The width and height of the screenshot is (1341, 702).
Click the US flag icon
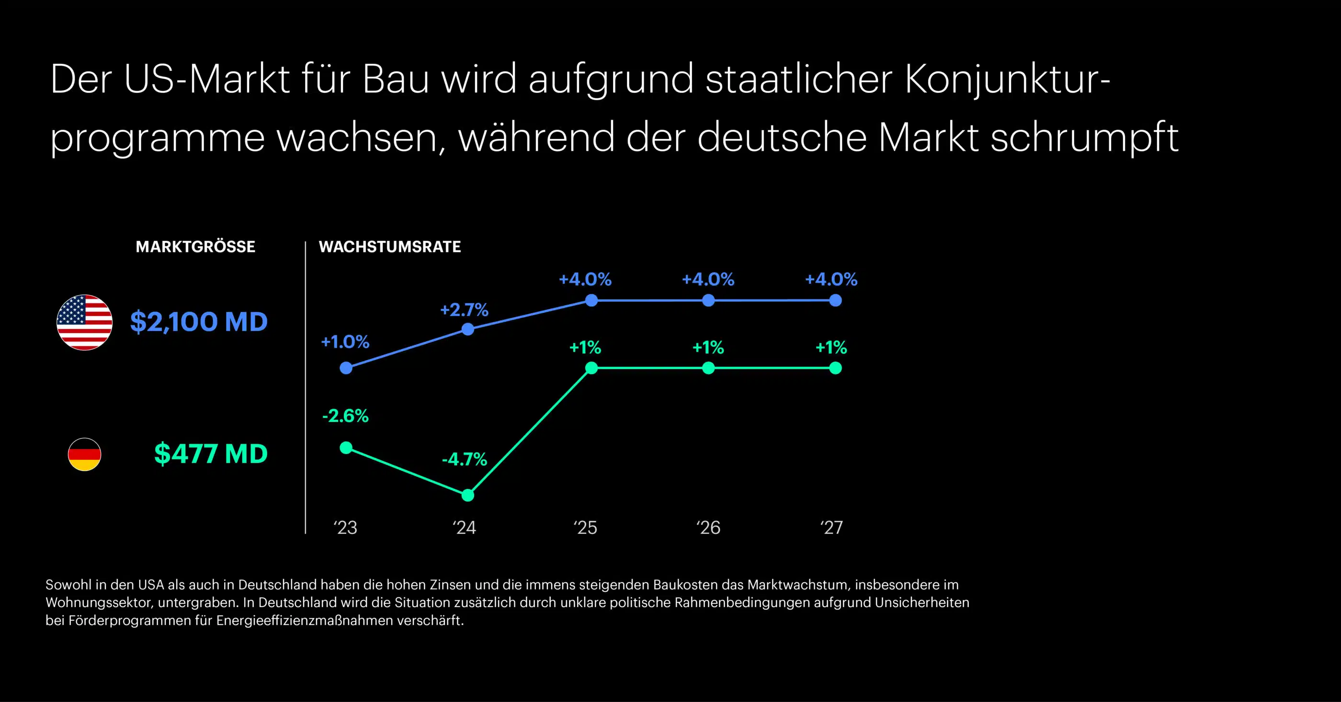[84, 322]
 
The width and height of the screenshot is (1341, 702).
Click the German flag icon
[84, 454]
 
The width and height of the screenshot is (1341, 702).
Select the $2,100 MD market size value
[199, 322]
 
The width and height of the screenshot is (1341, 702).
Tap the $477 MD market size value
[211, 454]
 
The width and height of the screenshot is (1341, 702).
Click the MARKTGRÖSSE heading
[195, 247]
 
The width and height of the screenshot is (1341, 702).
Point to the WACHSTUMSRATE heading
[390, 247]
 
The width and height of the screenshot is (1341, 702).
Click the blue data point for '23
[346, 368]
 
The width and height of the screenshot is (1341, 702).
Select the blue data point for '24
[468, 329]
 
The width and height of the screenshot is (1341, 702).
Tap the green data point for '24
[468, 495]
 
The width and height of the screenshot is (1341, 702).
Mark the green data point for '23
[346, 448]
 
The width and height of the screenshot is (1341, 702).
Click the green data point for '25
[591, 368]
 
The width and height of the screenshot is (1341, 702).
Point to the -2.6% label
[345, 416]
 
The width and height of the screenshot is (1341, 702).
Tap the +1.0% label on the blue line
[345, 342]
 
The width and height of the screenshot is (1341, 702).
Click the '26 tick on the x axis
[708, 528]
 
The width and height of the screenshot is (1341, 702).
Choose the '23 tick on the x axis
[345, 528]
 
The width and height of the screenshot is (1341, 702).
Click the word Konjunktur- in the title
[1007, 79]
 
